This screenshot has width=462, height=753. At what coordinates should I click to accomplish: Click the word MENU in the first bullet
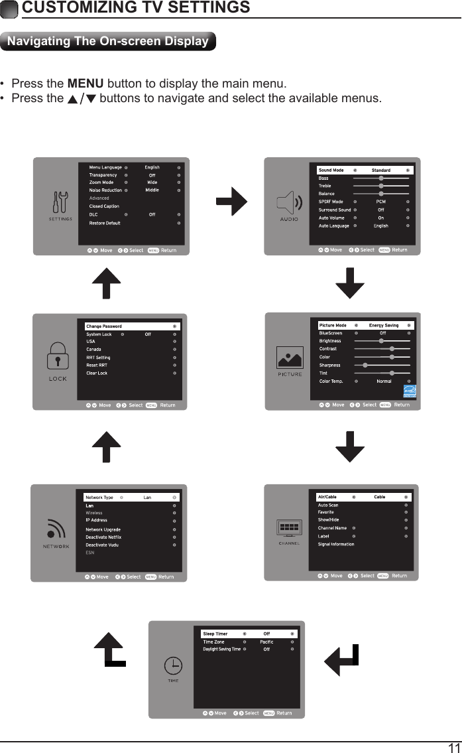tap(86, 84)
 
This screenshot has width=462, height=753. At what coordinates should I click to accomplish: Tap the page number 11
tap(453, 746)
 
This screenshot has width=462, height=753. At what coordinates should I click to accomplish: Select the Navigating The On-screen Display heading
tap(107, 41)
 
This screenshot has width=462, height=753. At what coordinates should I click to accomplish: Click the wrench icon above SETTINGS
tap(60, 203)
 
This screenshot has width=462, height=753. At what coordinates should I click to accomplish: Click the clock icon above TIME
tap(172, 665)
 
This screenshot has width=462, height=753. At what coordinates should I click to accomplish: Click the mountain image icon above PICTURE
tap(290, 360)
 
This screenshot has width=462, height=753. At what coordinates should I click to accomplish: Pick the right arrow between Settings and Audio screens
tap(231, 202)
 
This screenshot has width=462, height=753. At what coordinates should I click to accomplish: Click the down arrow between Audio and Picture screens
tap(350, 283)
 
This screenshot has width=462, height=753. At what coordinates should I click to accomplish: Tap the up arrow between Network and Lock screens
tap(106, 446)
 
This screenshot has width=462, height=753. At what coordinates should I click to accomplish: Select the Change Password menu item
tap(104, 326)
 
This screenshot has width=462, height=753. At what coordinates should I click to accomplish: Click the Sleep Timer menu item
tap(215, 634)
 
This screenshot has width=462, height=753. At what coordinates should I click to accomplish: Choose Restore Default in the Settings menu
tap(105, 223)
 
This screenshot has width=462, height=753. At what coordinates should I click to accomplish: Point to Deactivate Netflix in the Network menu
tap(103, 537)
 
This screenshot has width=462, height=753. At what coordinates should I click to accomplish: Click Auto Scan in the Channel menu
tap(328, 505)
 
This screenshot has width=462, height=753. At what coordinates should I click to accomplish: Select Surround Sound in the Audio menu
tap(335, 210)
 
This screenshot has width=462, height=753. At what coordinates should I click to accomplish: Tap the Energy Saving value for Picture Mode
tap(383, 325)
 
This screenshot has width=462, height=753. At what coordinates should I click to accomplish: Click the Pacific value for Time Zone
tap(266, 642)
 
